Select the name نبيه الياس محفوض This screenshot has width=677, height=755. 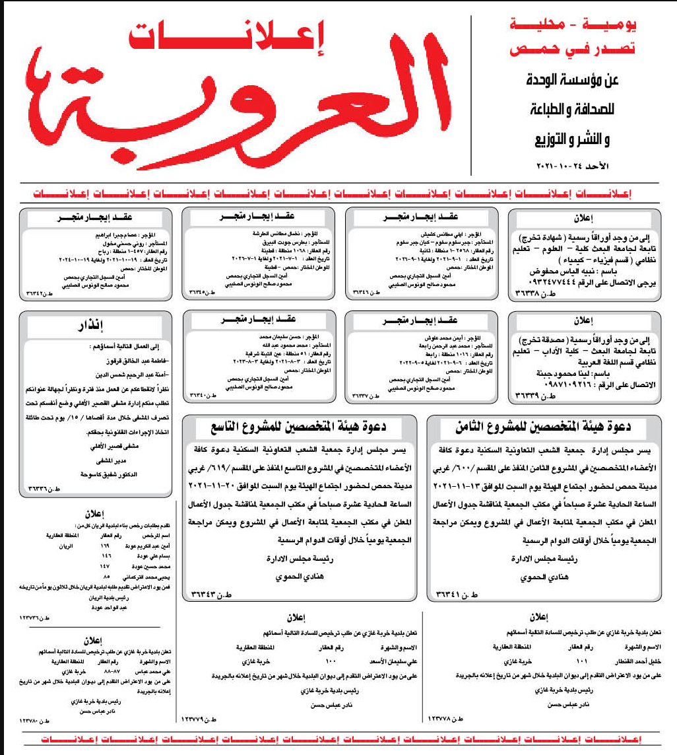[x=567, y=271]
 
